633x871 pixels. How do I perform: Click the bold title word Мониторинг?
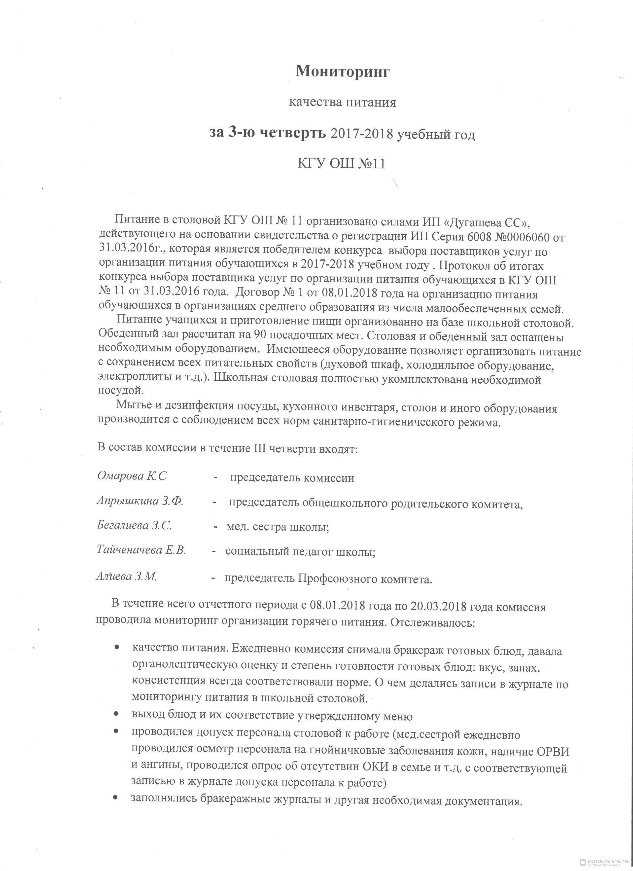click(x=342, y=72)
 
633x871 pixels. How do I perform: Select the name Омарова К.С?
click(x=132, y=476)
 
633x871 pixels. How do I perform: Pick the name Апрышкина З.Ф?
click(x=140, y=501)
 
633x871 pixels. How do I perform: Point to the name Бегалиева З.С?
click(x=134, y=526)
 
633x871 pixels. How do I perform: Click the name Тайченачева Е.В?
click(x=141, y=550)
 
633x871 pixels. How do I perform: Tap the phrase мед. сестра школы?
click(x=278, y=527)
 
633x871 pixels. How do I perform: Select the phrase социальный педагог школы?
click(x=300, y=552)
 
